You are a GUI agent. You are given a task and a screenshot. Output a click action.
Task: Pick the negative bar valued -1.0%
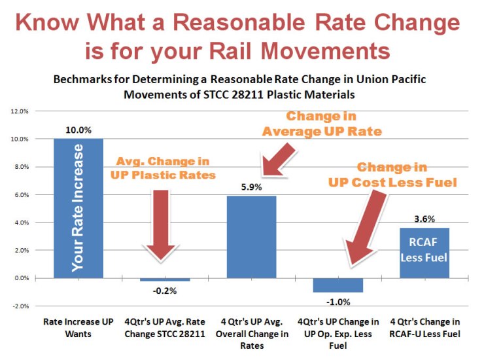click(x=337, y=285)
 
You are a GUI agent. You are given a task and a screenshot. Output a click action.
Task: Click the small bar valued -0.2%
click(x=164, y=279)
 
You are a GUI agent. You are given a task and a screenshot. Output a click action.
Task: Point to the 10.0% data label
click(x=78, y=130)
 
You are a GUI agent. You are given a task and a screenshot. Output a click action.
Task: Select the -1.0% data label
click(x=337, y=301)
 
